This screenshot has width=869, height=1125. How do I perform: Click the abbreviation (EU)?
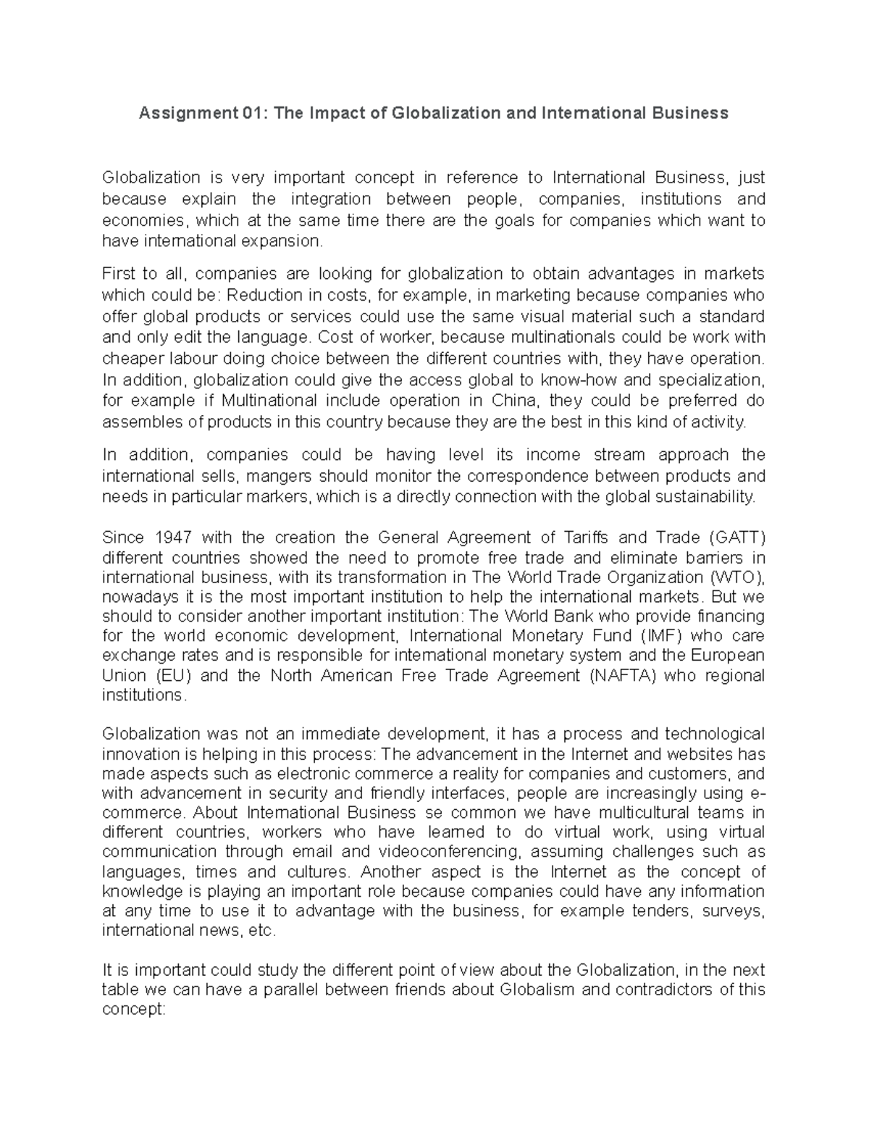pos(172,675)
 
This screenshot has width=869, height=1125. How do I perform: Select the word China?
pos(513,401)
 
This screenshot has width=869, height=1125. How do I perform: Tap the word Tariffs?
pos(584,538)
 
